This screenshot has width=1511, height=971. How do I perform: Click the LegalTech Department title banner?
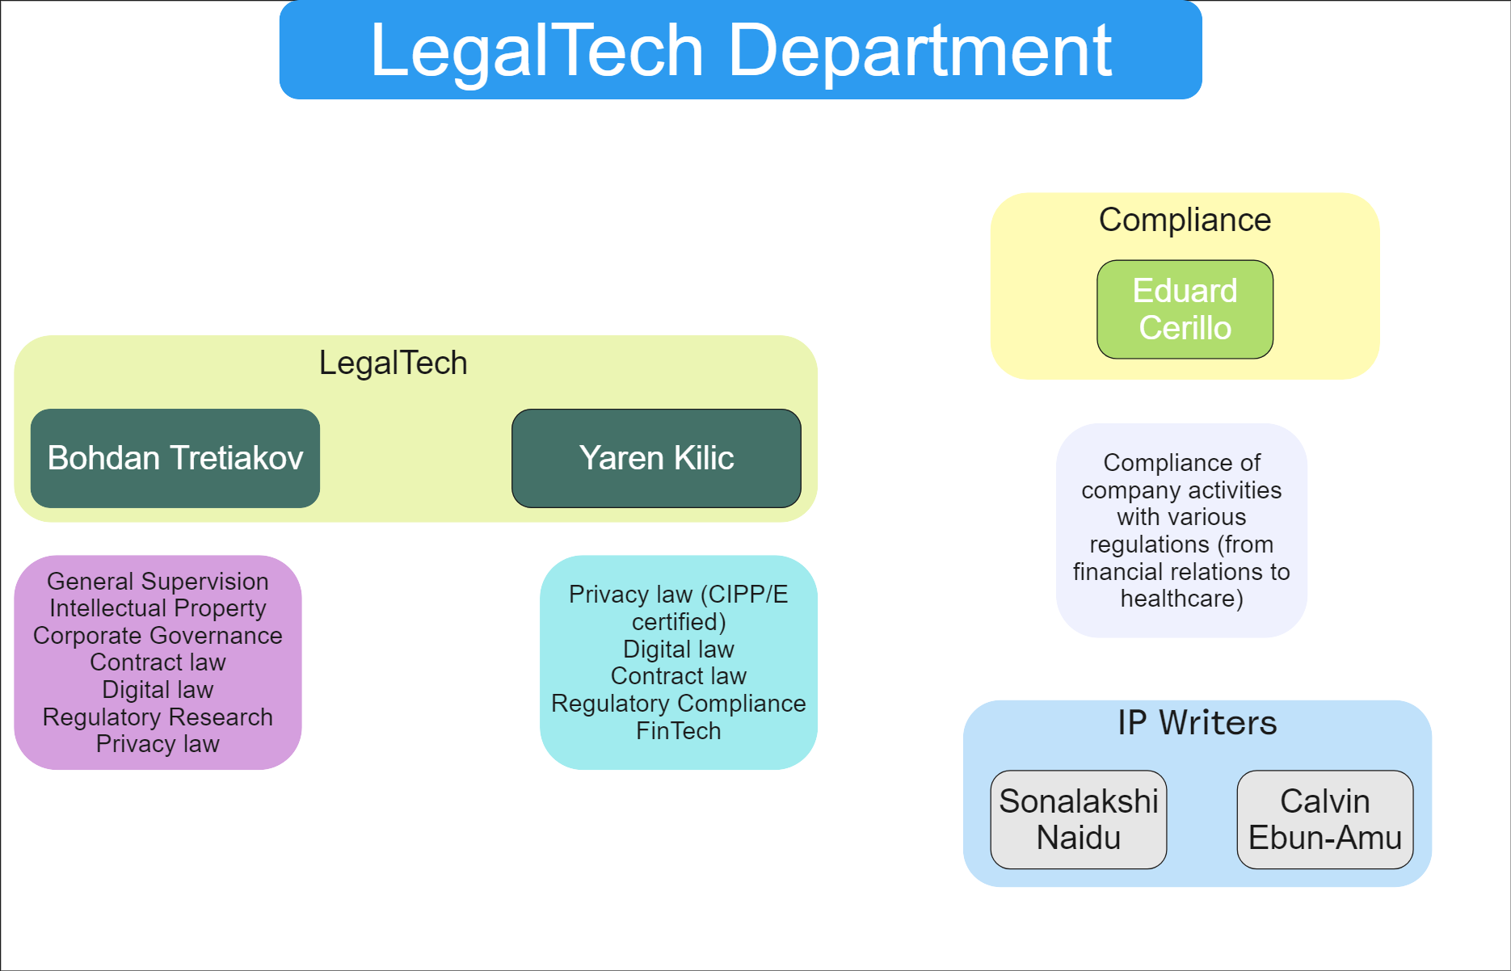pyautogui.click(x=740, y=50)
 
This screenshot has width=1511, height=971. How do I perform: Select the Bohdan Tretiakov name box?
pyautogui.click(x=175, y=458)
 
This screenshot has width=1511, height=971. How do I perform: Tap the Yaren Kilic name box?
pyautogui.click(x=656, y=458)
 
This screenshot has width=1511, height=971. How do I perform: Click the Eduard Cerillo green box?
pyautogui.click(x=1185, y=309)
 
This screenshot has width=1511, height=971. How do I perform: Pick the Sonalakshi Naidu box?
pyautogui.click(x=1078, y=819)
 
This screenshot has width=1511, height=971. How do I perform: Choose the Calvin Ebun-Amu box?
pyautogui.click(x=1324, y=819)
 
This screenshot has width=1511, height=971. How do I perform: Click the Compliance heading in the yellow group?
pyautogui.click(x=1185, y=220)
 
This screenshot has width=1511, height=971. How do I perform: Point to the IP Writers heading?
pyautogui.click(x=1197, y=723)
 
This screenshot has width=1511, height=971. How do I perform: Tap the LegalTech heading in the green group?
pyautogui.click(x=393, y=363)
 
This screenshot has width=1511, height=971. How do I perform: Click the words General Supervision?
pyautogui.click(x=158, y=581)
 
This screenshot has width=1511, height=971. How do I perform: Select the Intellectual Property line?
pyautogui.click(x=158, y=607)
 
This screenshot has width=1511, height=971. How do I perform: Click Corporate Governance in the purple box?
pyautogui.click(x=158, y=635)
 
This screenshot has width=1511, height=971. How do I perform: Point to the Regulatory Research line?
pyautogui.click(x=158, y=717)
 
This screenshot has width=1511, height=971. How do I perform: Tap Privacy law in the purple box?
pyautogui.click(x=158, y=743)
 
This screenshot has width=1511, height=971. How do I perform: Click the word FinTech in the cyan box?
pyautogui.click(x=678, y=730)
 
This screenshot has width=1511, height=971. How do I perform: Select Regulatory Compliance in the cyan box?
pyautogui.click(x=678, y=703)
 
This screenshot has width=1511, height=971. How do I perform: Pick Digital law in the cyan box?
pyautogui.click(x=678, y=649)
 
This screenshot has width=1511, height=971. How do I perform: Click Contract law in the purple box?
pyautogui.click(x=158, y=662)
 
